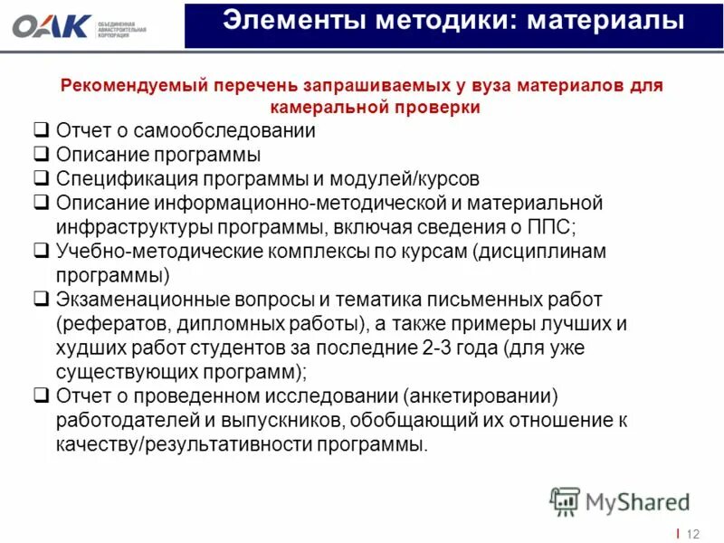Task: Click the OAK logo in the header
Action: click(52, 26)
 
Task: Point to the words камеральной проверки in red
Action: click(376, 107)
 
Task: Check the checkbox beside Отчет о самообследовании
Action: click(41, 130)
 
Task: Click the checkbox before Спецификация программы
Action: click(41, 178)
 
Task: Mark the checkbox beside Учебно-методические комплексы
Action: click(41, 251)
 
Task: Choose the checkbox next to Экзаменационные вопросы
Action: click(41, 299)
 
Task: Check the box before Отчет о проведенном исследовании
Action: click(41, 395)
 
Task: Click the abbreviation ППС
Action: click(554, 226)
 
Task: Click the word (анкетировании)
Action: click(481, 395)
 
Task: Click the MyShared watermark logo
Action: click(620, 501)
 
